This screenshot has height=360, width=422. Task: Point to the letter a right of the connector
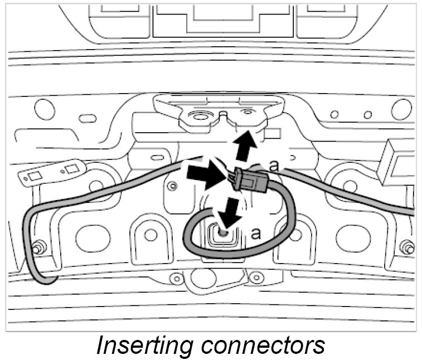[x=273, y=166]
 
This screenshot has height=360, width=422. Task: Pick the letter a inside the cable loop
[x=256, y=233]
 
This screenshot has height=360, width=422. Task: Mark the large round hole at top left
[x=44, y=109]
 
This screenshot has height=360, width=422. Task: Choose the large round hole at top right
[x=401, y=109]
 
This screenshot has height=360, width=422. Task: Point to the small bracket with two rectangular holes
[x=53, y=172]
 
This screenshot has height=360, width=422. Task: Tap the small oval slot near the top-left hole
[x=86, y=118]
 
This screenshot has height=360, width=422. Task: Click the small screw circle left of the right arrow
[x=173, y=186]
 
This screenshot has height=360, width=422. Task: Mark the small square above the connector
[x=271, y=134]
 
